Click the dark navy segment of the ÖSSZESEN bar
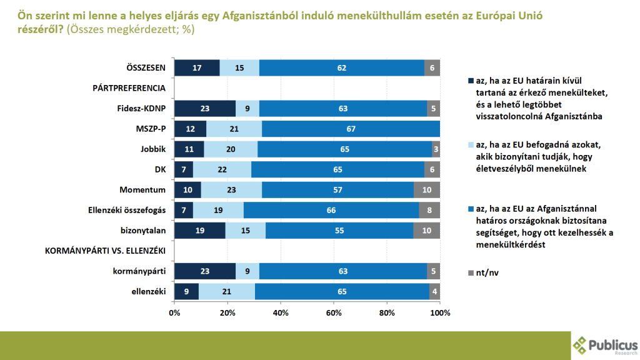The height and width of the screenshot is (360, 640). point(197,67)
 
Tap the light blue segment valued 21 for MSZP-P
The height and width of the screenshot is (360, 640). point(234,129)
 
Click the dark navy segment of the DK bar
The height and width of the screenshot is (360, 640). point(184,169)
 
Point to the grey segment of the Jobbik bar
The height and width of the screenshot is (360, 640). point(436,149)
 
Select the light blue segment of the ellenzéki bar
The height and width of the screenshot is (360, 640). point(226,291)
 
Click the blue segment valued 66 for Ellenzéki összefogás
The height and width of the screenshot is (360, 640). point(331,210)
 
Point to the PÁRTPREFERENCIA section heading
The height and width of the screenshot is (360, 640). point(129,88)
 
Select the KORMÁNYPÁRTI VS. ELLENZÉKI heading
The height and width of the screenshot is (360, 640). point(105,251)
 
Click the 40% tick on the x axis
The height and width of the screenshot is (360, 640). point(281,312)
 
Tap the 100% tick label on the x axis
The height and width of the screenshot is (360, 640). point(440,312)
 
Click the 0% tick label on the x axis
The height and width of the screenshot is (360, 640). point(174,312)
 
